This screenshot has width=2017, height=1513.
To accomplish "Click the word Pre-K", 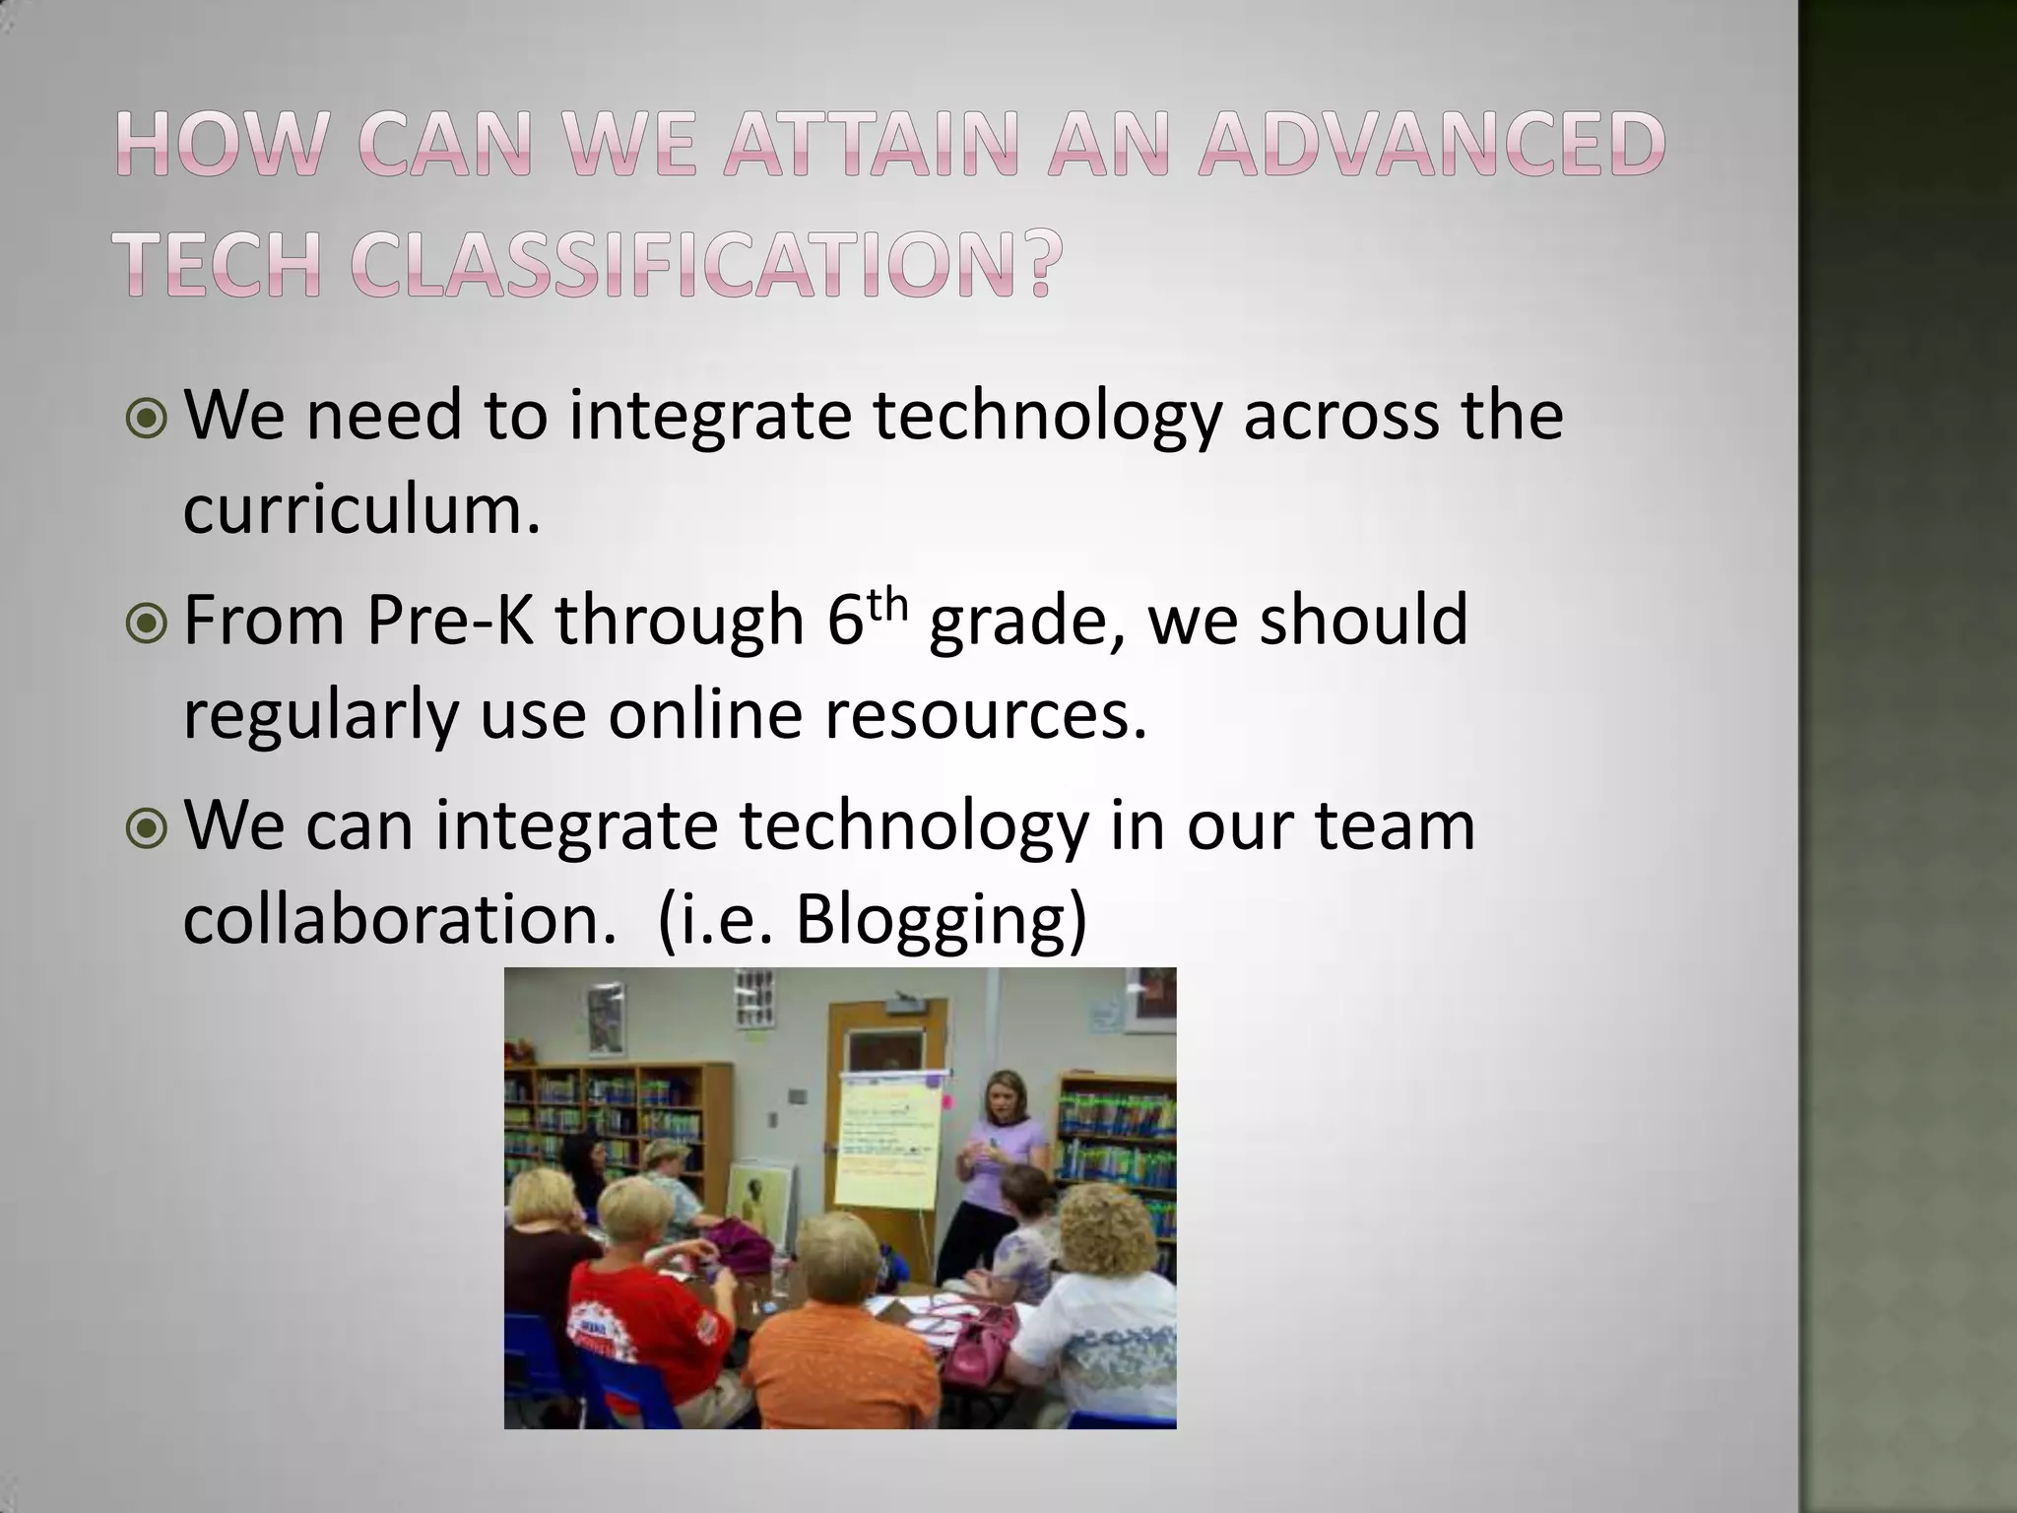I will pos(451,621).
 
